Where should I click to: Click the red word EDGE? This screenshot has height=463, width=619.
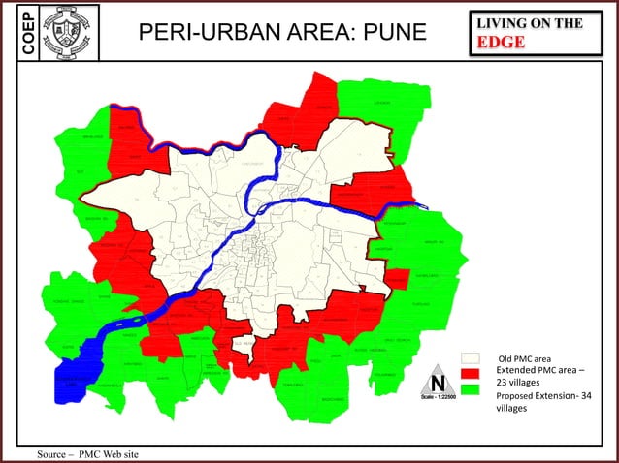501,43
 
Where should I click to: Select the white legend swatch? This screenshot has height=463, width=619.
471,359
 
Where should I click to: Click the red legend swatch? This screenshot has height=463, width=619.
471,374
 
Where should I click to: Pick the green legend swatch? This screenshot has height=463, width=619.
471,389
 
